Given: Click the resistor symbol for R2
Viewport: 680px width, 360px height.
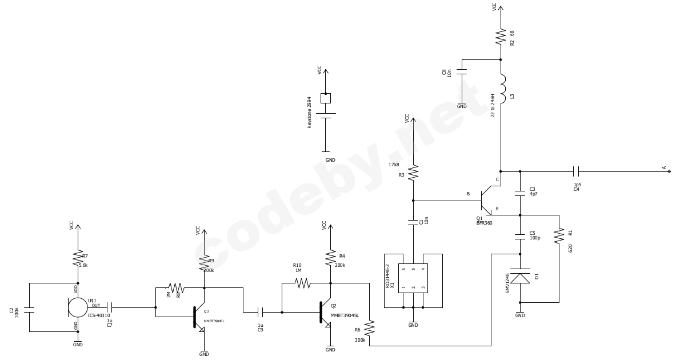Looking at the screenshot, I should coord(501,37).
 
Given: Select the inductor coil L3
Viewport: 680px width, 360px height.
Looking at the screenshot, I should coord(502,89).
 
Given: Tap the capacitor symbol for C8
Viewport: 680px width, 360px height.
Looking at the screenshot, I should coord(462,72).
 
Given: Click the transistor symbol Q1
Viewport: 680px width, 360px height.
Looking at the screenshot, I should coord(485,201).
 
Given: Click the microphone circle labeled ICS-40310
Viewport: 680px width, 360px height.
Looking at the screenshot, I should coord(78,307).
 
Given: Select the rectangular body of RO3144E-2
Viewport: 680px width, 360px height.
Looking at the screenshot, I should coord(413,278).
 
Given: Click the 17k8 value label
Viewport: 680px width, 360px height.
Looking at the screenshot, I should coord(394,165).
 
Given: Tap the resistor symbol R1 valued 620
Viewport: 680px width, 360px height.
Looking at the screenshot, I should coord(559,235).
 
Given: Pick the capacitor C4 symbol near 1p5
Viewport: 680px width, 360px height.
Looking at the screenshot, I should coord(576,171).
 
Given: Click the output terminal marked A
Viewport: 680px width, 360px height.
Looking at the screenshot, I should coord(669,171).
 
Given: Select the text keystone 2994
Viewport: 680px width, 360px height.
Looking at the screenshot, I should coord(310,112).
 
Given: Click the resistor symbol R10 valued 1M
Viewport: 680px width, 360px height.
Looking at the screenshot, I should coord(303,283).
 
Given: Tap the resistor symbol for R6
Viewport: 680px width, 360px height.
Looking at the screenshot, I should coord(369,328).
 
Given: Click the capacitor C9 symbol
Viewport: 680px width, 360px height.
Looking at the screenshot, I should coord(261,312).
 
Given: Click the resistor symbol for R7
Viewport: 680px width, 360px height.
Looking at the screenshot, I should coord(78,259).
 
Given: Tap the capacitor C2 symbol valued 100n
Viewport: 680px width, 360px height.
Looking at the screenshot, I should coord(29,310).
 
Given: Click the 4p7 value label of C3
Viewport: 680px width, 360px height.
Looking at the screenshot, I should coord(533,194).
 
